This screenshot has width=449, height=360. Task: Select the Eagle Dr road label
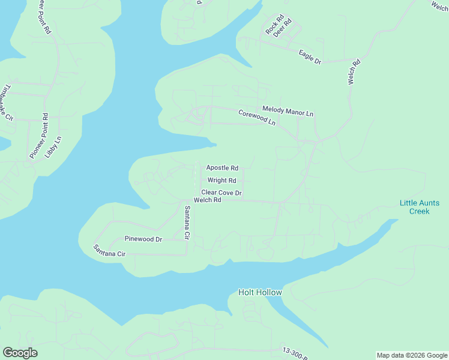click(310, 57)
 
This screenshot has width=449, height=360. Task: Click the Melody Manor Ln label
click(288, 111)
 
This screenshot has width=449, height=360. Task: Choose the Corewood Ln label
click(256, 117)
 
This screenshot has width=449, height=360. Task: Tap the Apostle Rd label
click(222, 168)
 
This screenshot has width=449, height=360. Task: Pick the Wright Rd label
click(221, 180)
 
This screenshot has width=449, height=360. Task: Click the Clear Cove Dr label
click(221, 193)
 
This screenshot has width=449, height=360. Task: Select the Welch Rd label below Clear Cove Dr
click(208, 200)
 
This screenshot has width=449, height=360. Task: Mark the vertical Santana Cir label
click(187, 223)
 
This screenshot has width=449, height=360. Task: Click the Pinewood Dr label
click(143, 239)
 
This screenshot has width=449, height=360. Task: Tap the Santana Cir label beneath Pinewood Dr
click(109, 251)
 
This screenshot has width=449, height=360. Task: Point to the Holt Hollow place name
click(260, 292)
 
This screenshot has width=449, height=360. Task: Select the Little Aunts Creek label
click(419, 207)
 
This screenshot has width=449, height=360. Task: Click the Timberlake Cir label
click(7, 101)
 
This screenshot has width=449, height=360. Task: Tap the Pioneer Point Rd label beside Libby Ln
click(38, 136)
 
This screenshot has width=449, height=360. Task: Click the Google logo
click(20, 352)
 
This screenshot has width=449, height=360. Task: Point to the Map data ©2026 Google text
click(411, 355)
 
